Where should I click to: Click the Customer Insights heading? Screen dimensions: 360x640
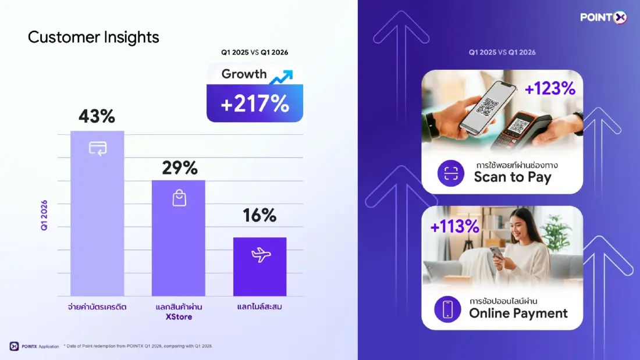(x=93, y=37)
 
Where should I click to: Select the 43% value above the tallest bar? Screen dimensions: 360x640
(x=97, y=116)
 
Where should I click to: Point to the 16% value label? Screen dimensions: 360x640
(x=259, y=215)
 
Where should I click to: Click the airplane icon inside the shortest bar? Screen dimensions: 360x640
(x=260, y=255)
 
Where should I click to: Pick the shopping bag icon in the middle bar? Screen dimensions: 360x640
(x=179, y=198)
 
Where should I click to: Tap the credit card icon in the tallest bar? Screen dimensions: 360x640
(x=97, y=148)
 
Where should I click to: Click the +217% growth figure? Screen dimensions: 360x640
(x=255, y=104)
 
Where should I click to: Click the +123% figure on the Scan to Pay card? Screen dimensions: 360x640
(x=550, y=88)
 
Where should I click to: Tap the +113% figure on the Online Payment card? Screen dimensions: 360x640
(x=455, y=226)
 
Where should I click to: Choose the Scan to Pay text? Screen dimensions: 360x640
(x=512, y=177)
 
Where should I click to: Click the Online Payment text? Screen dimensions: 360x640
(x=518, y=313)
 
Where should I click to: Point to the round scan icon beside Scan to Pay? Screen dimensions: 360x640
(x=451, y=173)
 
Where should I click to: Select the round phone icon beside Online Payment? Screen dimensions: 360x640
(x=447, y=309)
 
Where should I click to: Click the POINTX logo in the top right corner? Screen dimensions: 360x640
(x=603, y=17)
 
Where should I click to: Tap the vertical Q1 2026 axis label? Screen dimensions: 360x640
(x=44, y=215)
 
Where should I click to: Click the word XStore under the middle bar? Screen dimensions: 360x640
(x=178, y=317)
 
